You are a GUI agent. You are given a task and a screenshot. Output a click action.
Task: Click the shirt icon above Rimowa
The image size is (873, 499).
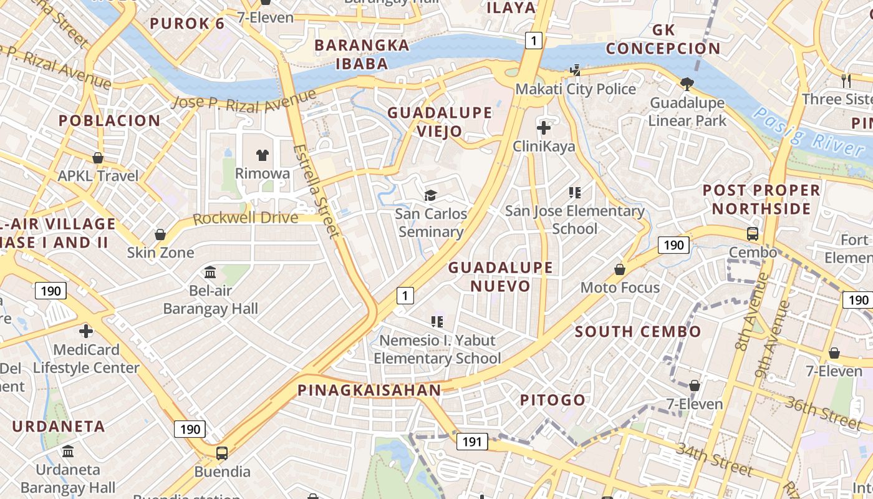click(263, 155)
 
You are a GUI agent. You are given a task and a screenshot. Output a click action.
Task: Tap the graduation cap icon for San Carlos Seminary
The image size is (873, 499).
click(430, 196)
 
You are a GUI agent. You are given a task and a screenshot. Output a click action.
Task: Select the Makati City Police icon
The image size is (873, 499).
click(575, 70)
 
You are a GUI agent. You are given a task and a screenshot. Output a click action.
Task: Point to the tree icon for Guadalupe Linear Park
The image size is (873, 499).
click(687, 84)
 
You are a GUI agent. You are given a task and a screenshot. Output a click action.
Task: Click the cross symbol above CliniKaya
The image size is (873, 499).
click(544, 128)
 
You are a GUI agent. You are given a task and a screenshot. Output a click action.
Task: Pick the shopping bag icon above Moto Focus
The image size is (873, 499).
click(620, 269)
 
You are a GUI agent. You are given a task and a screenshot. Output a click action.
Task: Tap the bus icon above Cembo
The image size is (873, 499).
click(753, 234)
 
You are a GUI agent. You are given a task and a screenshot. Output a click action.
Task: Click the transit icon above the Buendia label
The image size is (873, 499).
click(222, 453)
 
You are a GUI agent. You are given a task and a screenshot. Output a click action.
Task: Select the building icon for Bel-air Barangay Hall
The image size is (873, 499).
click(210, 273)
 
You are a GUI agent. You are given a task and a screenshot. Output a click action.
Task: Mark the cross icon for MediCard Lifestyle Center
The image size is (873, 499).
click(86, 331)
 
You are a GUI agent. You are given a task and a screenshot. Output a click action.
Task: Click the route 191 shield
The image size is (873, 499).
click(472, 442)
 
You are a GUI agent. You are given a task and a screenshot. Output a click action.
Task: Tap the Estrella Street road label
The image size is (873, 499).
click(317, 191)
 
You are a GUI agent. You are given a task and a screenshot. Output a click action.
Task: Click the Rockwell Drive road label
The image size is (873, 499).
click(245, 218)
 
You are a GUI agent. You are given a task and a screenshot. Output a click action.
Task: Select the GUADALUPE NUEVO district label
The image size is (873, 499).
click(500, 276)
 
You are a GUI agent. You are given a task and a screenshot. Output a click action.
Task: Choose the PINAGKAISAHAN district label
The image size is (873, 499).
click(369, 390)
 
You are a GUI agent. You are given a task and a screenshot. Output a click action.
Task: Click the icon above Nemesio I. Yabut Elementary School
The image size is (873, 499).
click(437, 322)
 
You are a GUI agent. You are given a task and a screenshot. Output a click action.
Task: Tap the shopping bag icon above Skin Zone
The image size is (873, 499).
click(160, 235)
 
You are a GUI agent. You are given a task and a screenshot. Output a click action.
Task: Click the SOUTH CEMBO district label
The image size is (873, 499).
click(638, 331)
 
